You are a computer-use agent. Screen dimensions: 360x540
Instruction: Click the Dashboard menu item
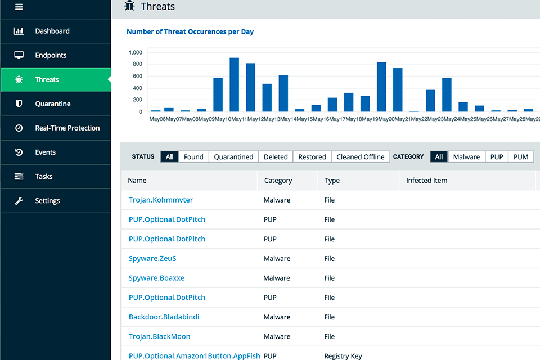52,31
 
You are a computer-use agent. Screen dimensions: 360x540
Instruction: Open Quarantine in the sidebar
53,103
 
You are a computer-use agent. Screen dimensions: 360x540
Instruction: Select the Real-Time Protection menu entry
67,128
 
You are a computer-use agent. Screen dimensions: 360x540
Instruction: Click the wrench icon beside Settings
19,200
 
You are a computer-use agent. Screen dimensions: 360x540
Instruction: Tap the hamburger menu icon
19,7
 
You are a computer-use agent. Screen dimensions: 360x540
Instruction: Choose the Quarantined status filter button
233,157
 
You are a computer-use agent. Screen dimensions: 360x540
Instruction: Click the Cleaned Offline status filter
361,157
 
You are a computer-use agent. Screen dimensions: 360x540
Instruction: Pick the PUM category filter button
521,157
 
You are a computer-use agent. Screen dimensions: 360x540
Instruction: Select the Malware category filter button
466,157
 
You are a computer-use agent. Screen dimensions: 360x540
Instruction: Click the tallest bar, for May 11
235,84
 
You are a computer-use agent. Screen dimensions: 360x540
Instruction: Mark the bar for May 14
283,93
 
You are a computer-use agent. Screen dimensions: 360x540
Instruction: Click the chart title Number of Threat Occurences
190,32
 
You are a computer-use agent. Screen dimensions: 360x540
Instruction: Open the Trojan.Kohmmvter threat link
160,200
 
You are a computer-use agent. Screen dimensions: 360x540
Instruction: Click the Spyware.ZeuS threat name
152,258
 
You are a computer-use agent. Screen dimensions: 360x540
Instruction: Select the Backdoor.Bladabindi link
164,317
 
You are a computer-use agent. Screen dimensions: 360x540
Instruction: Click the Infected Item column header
426,181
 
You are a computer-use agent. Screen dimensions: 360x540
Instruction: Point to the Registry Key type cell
343,355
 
